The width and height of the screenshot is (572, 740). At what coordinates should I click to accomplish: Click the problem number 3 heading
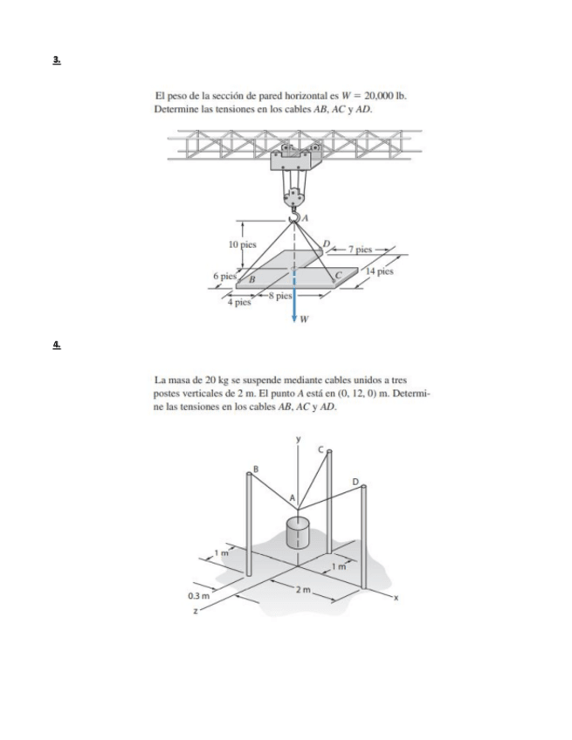click(57, 60)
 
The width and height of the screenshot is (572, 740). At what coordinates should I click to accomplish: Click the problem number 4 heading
click(57, 346)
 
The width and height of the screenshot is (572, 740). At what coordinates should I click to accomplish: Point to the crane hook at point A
click(295, 213)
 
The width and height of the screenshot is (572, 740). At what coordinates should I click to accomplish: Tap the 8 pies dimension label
click(279, 296)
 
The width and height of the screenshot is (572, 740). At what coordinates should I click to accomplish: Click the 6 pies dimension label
click(225, 275)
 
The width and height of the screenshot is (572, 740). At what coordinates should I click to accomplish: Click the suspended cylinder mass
click(298, 533)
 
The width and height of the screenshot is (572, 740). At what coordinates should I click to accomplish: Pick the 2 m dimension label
click(302, 593)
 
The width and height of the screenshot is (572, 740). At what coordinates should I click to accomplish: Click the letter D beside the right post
click(355, 481)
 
